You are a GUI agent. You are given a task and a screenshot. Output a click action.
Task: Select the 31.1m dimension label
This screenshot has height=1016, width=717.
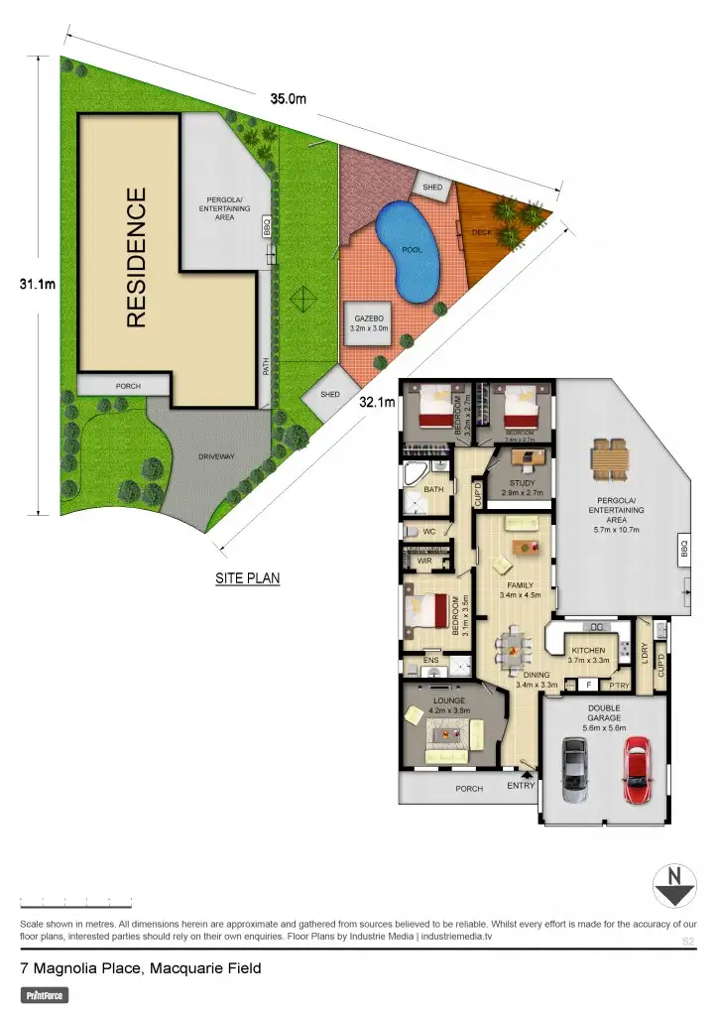click(37, 285)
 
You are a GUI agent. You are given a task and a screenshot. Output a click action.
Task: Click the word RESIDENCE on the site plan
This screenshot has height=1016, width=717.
click(137, 258)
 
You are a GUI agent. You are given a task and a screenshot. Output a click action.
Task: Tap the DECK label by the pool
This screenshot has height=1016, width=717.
click(482, 232)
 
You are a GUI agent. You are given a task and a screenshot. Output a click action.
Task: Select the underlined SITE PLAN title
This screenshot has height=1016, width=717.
click(247, 577)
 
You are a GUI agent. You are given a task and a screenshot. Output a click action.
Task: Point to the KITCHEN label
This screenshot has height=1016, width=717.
click(588, 651)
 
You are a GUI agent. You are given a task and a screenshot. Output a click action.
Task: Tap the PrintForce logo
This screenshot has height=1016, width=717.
click(45, 994)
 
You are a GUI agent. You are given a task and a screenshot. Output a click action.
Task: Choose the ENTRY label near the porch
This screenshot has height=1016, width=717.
click(521, 786)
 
